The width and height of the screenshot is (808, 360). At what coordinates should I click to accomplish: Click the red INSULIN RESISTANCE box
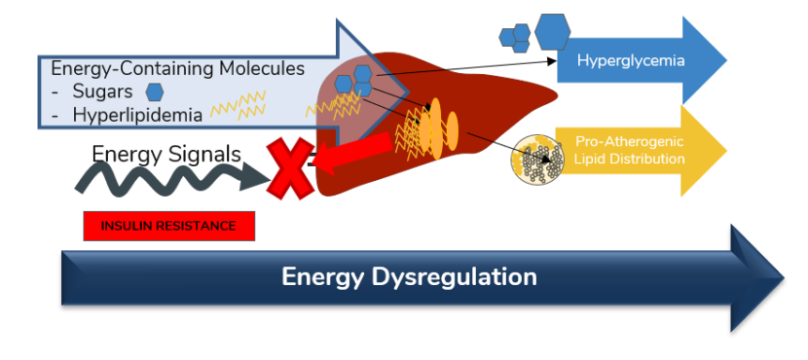pyautogui.click(x=168, y=226)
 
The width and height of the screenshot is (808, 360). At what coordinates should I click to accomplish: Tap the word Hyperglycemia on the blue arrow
pyautogui.click(x=630, y=60)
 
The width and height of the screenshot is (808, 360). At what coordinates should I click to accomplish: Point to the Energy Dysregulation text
pyautogui.click(x=409, y=277)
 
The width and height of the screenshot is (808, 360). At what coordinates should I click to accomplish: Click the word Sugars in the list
pyautogui.click(x=104, y=92)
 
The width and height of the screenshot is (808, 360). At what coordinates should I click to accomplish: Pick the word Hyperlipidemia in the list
pyautogui.click(x=136, y=115)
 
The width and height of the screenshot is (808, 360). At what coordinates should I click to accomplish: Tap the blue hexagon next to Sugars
pyautogui.click(x=154, y=92)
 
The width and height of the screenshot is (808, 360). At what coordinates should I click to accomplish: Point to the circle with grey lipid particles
pyautogui.click(x=538, y=160)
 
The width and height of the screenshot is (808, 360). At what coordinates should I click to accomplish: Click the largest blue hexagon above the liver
pyautogui.click(x=552, y=31)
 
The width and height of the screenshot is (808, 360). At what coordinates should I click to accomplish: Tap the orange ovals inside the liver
pyautogui.click(x=439, y=124)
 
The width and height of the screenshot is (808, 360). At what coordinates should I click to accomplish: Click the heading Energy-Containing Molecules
pyautogui.click(x=177, y=70)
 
